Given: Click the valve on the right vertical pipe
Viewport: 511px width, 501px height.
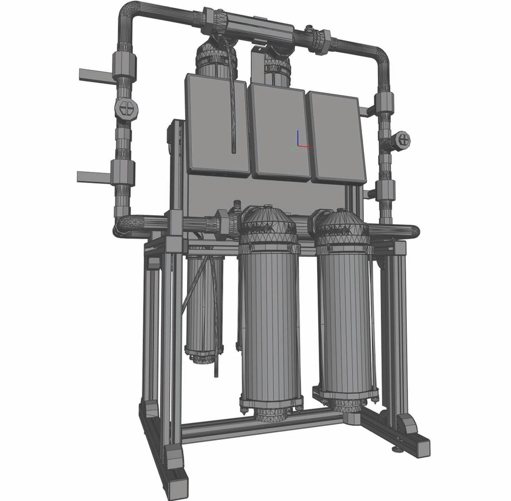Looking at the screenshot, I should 401,139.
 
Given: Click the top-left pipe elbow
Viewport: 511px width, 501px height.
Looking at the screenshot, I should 130,14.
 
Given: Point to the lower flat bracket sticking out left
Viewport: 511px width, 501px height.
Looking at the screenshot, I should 93,175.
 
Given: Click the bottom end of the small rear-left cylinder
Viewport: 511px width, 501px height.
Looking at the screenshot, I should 205,355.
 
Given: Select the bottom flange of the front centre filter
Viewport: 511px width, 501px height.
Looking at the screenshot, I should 271,405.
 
